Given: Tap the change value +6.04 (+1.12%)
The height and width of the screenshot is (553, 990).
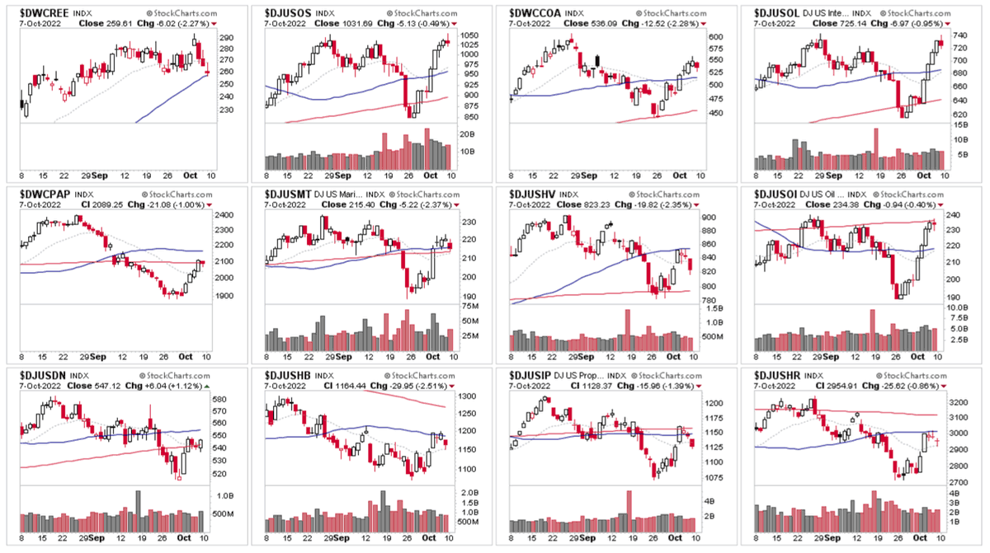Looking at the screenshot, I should pyautogui.click(x=167, y=386).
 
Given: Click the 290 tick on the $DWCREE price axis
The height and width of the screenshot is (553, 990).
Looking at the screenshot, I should pyautogui.click(x=225, y=38).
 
